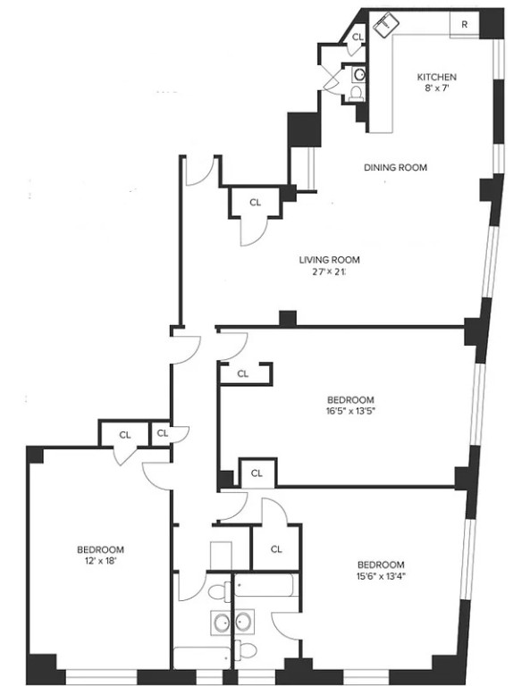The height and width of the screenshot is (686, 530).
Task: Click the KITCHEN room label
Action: [x=438, y=77]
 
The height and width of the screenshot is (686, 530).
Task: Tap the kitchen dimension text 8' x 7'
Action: [x=438, y=88]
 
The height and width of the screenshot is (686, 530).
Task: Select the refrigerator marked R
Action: [x=464, y=25]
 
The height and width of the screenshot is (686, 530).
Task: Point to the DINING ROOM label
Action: [x=394, y=167]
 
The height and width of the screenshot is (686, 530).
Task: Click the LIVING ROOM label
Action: [x=322, y=261]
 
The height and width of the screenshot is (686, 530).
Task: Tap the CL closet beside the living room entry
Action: [x=256, y=203]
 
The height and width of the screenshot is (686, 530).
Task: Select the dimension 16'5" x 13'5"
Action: [x=350, y=412]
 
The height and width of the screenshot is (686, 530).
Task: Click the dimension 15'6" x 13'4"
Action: [x=381, y=576]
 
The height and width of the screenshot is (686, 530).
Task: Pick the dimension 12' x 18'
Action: [x=100, y=561]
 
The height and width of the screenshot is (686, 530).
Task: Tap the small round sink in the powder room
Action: [x=358, y=73]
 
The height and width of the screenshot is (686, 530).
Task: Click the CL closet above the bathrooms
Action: [x=276, y=548]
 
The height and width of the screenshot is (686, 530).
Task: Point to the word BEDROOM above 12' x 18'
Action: [x=100, y=549]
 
